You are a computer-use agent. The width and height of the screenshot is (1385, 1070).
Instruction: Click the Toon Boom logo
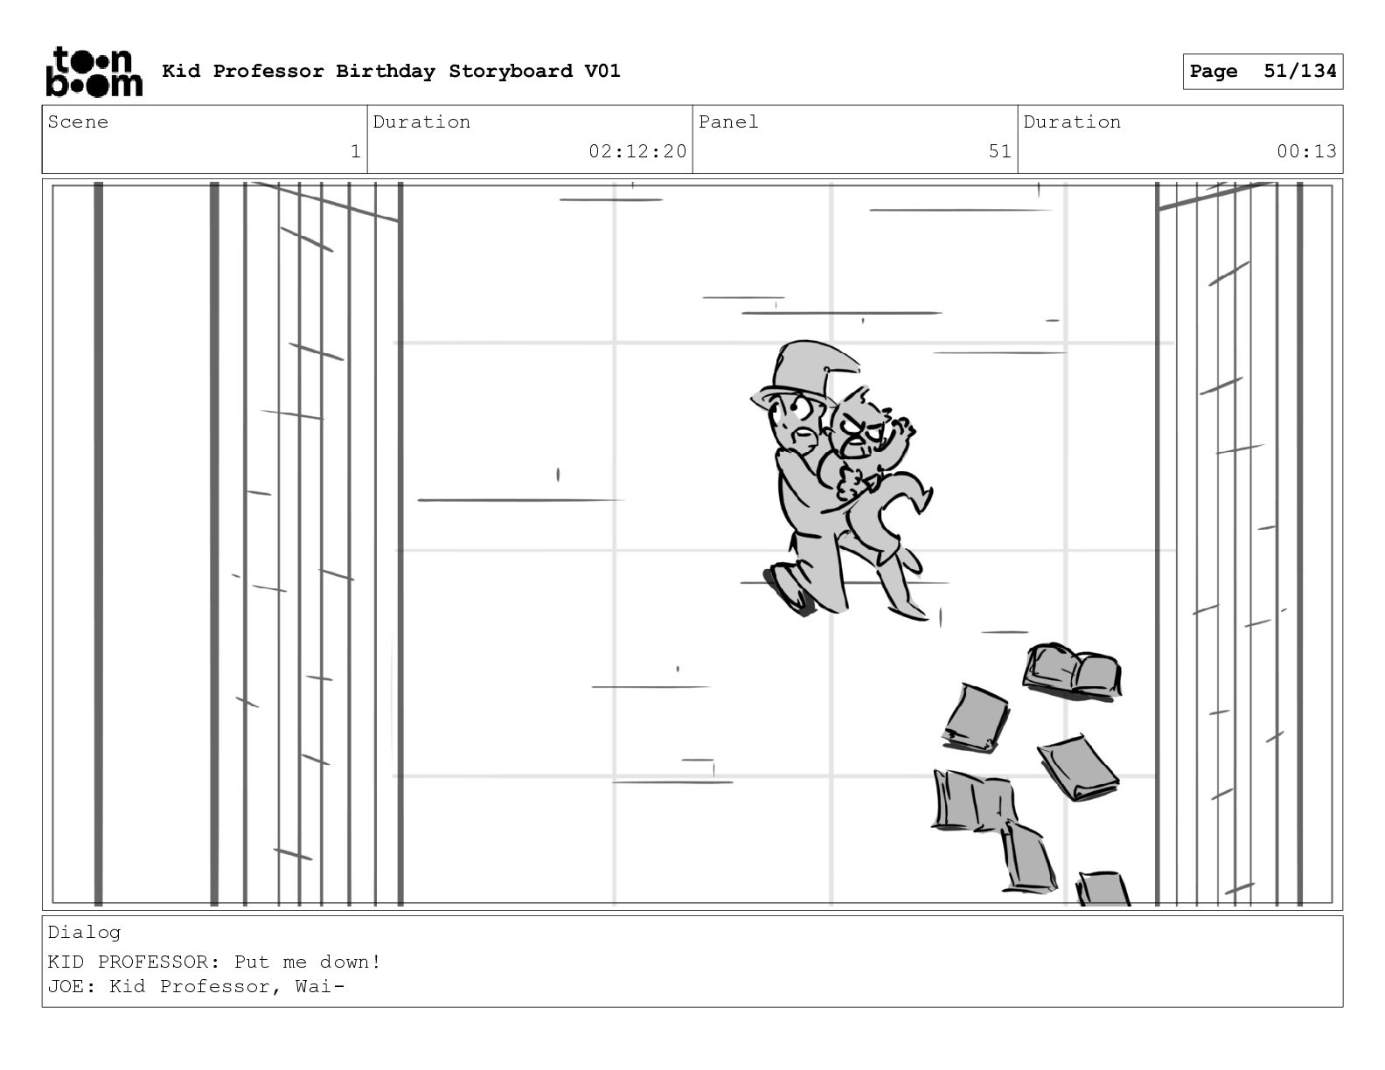94,72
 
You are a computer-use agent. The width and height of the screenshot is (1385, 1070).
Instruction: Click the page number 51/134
1299,71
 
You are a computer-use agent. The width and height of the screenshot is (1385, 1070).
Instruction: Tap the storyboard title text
391,71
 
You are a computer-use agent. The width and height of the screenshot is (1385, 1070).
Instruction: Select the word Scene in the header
78,122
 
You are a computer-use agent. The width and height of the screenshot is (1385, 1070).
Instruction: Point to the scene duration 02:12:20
637,151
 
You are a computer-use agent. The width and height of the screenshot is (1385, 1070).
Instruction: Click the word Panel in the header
727,122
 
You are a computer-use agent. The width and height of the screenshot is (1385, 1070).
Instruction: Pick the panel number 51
999,151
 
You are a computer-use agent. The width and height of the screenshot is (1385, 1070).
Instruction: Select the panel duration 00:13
1306,151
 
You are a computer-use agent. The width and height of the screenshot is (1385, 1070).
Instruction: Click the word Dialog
84,932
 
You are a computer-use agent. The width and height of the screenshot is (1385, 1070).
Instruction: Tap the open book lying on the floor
1073,670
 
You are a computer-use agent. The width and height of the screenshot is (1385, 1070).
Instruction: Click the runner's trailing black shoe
787,590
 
